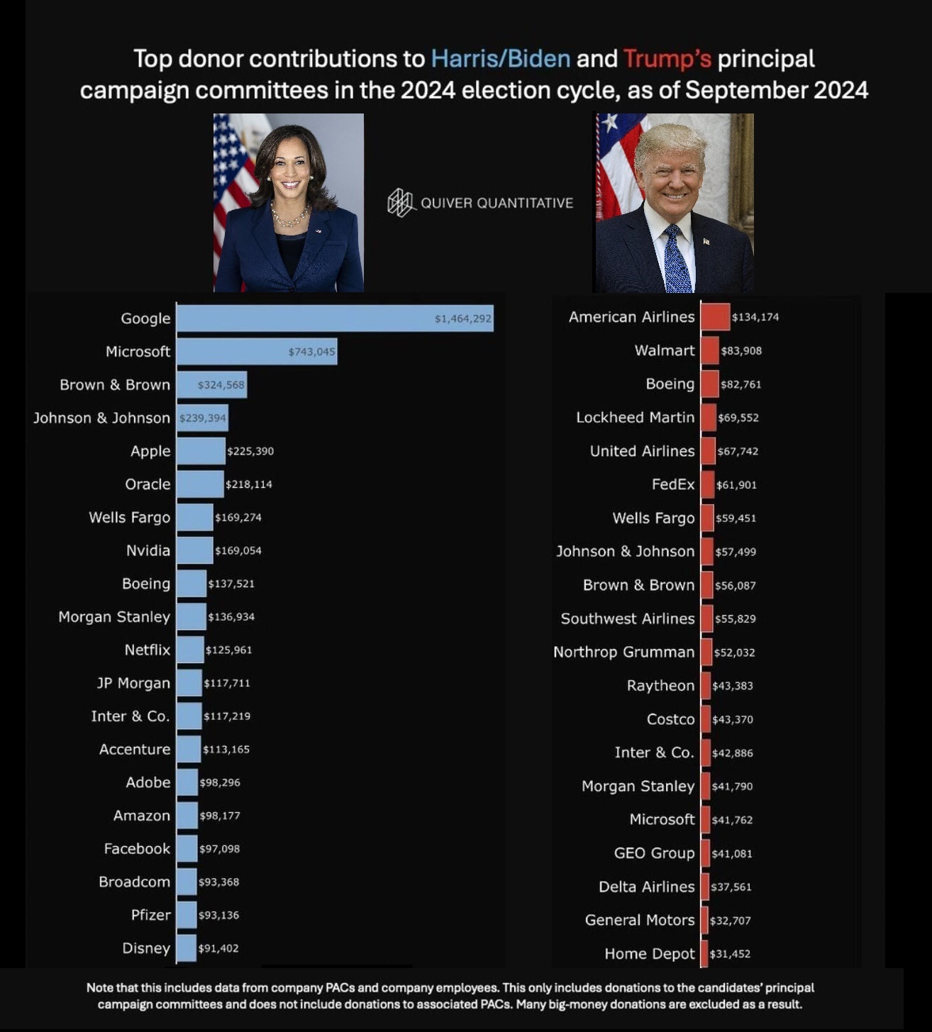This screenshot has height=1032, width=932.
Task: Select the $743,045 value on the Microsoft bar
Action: coord(311,352)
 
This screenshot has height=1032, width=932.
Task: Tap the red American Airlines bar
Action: coord(715,317)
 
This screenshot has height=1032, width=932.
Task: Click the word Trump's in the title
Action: coord(667,59)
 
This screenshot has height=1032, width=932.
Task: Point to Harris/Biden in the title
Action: coord(500,59)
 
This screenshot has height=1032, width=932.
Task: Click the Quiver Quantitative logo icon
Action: coord(401,203)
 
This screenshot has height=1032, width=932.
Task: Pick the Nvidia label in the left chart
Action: coord(148,550)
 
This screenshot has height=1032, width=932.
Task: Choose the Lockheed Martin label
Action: coord(635,417)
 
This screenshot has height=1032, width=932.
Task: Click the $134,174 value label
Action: coord(755,317)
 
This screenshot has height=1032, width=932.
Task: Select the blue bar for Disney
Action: coord(186,948)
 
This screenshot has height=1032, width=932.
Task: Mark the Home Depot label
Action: coord(649,954)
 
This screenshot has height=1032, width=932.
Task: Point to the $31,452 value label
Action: coord(730,954)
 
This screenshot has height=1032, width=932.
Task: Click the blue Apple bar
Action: coord(200,451)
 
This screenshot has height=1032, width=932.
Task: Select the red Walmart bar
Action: coord(709,350)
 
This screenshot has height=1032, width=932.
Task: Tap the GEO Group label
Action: coord(654,853)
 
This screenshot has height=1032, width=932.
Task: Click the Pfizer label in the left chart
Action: coord(150,915)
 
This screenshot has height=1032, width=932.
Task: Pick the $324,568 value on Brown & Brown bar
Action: coord(221,385)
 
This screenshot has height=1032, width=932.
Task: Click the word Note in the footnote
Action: coord(99,988)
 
